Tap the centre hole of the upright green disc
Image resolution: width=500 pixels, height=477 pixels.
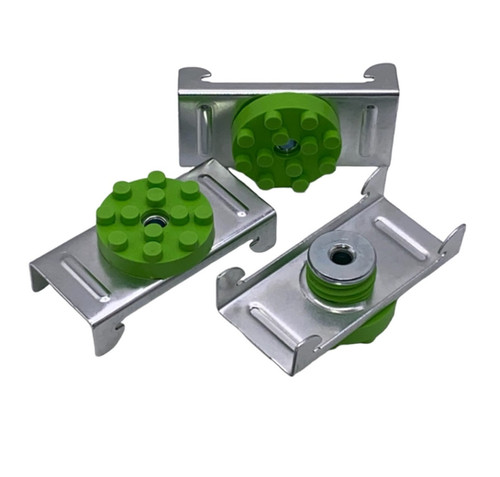point(286,146)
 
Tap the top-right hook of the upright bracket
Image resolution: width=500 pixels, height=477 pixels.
point(381,72)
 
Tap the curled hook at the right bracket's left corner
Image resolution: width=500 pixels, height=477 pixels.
point(229,280)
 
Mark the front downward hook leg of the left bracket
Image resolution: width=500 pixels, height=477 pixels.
point(108,335)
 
